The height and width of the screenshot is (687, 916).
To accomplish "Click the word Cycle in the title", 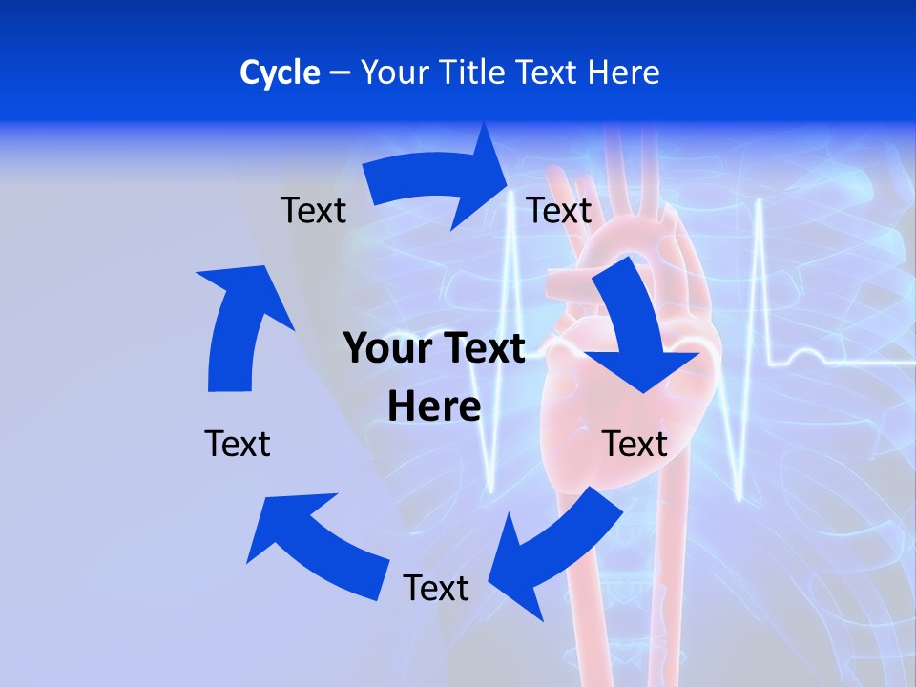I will click(280, 73).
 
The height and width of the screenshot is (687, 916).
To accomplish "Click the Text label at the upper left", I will click(313, 210).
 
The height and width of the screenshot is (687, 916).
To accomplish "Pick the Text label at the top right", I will click(559, 210).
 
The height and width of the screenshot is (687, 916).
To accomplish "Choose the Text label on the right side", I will click(635, 444).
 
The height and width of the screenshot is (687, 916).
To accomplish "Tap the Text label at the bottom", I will click(436, 588).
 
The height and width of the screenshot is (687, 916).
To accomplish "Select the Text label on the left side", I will click(238, 444).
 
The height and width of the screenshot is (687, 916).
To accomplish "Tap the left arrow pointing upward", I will click(239, 324).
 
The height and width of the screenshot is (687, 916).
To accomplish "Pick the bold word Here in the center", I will click(434, 406).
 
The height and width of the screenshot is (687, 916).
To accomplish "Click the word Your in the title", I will click(391, 73).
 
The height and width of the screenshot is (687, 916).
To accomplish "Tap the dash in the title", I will click(340, 73).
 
